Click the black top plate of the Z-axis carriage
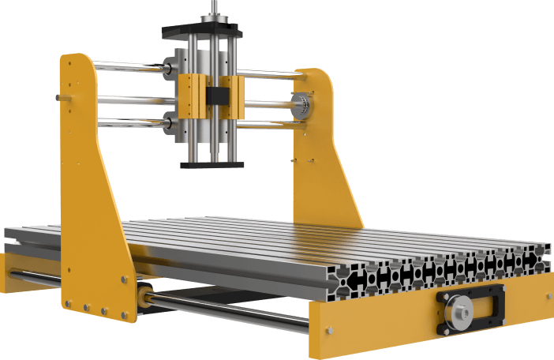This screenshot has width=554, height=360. click(202, 33)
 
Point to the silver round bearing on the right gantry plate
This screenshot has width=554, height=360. click(301, 103)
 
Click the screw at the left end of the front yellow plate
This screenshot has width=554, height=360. click(331, 329)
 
